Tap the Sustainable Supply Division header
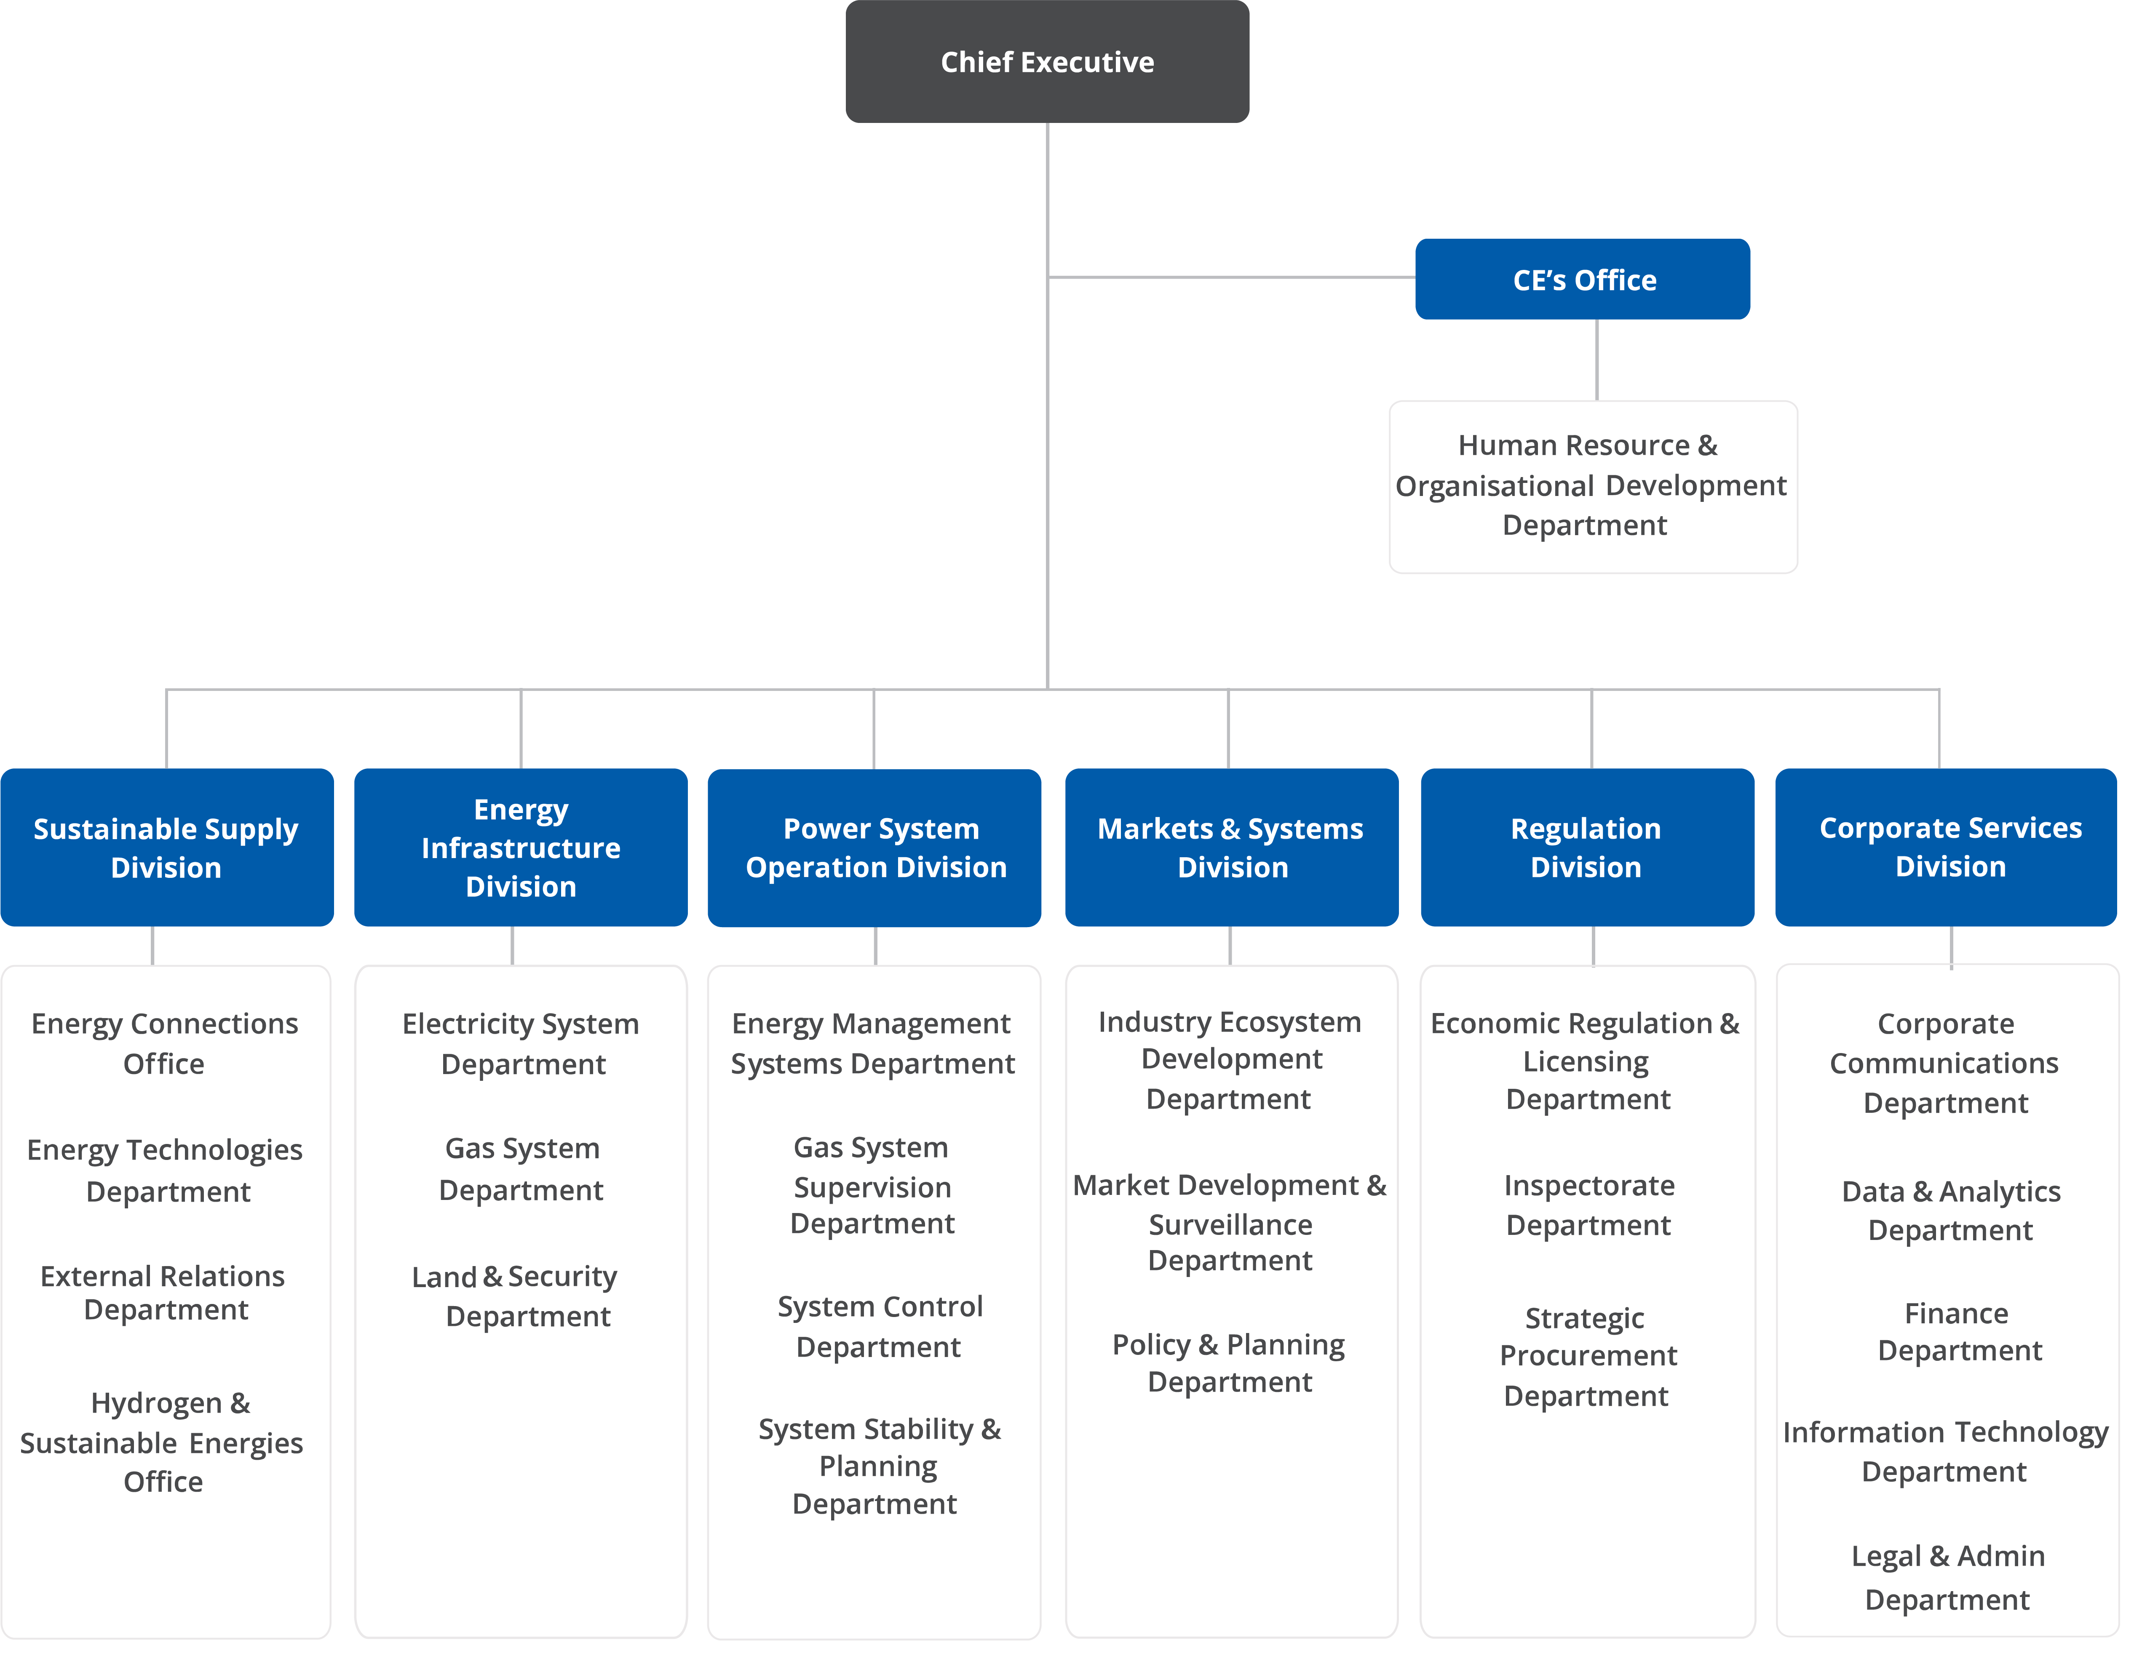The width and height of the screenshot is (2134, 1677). [x=166, y=847]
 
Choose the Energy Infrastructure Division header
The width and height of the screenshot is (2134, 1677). [x=521, y=847]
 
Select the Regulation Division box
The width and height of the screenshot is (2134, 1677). [x=1586, y=847]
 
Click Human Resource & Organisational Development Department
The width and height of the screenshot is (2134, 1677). [x=1591, y=485]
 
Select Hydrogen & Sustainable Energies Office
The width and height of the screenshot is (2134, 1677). [x=162, y=1442]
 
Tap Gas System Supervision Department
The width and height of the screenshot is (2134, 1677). [x=872, y=1186]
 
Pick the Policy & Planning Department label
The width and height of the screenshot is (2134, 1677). [x=1229, y=1363]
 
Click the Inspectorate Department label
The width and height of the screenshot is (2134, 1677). [x=1588, y=1205]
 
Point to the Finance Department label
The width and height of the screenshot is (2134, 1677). [x=1957, y=1331]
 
